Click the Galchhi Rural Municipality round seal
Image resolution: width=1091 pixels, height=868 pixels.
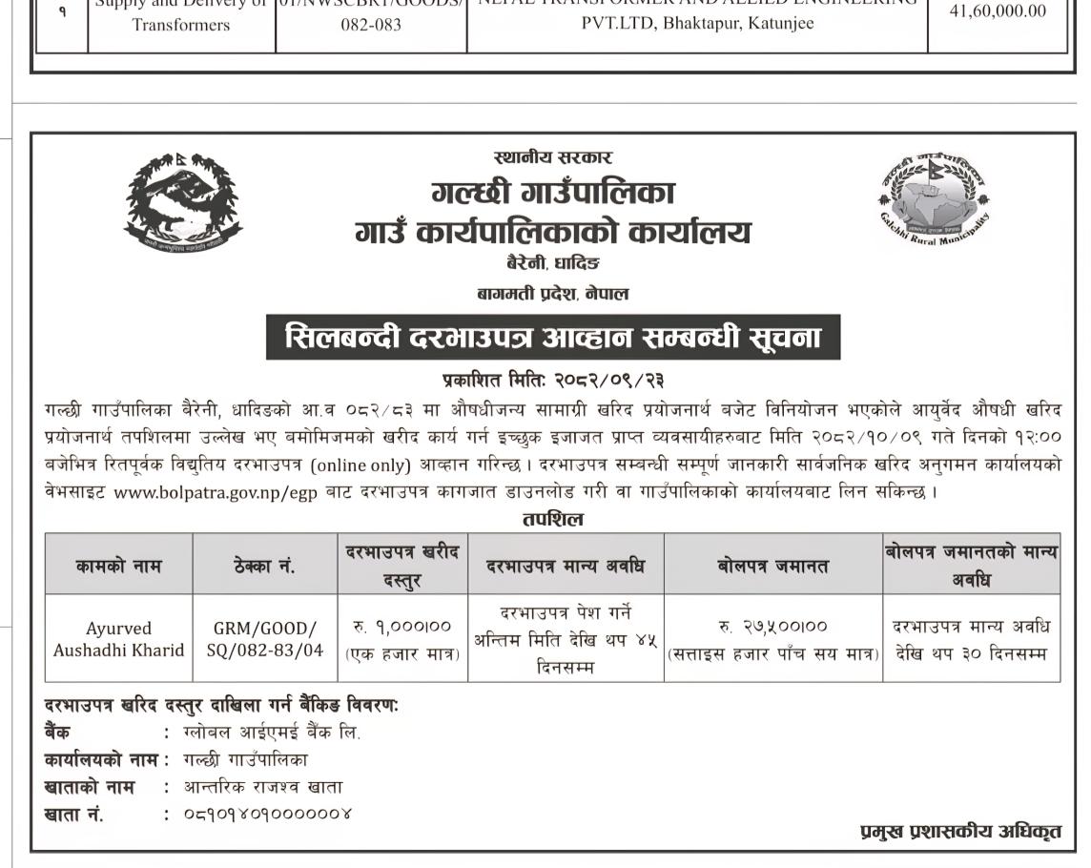pos(934,198)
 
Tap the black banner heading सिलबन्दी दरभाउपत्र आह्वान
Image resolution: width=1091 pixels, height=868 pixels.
pos(552,338)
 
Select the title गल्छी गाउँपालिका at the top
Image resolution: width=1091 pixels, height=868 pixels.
pos(552,194)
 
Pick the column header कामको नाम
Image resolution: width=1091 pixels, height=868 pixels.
pos(118,565)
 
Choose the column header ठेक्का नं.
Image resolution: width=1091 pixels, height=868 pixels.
pos(264,565)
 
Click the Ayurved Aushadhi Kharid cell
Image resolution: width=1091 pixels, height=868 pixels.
pos(118,639)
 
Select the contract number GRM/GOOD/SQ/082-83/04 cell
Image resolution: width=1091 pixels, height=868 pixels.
pos(264,639)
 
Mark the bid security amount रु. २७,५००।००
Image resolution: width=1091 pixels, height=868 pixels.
pos(772,627)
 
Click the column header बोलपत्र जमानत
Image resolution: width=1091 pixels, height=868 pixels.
pos(772,565)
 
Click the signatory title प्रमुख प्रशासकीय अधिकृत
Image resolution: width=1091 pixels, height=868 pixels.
pos(960,832)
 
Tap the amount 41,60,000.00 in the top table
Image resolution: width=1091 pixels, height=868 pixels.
pos(998,11)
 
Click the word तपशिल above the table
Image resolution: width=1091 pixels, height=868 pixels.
pos(552,520)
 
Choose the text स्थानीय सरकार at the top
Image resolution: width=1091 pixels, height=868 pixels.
pos(552,157)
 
